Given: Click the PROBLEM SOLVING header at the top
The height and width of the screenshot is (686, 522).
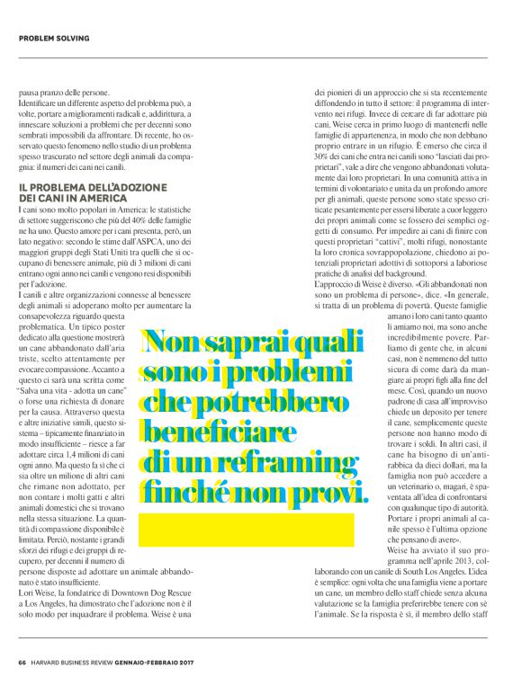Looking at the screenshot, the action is coord(54,38).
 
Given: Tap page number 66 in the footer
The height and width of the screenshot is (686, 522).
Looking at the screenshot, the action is coord(22,664).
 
